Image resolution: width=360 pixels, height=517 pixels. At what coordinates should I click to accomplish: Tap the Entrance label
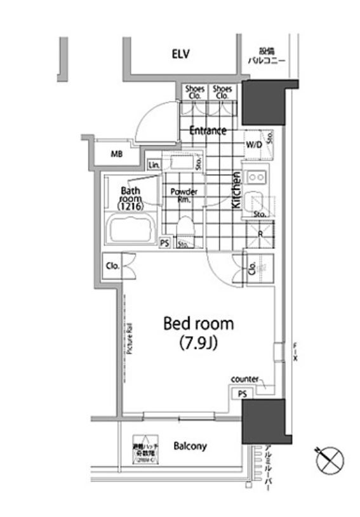point(208,131)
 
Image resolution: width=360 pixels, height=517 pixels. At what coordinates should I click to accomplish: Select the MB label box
point(116,154)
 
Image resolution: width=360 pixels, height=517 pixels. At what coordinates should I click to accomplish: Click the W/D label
point(253,145)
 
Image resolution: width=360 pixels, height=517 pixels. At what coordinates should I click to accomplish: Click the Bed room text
point(198,323)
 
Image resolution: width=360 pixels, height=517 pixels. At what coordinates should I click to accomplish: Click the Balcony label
point(190,446)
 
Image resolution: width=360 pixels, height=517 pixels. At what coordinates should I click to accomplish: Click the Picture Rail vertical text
point(128,337)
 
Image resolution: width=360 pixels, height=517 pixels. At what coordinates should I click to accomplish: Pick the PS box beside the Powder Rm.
point(164,243)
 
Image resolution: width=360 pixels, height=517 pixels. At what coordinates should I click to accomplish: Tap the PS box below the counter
point(242,394)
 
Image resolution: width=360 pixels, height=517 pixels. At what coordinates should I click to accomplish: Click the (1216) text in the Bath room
point(130,206)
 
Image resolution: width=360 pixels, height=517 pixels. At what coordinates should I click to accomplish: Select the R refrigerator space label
point(260,232)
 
